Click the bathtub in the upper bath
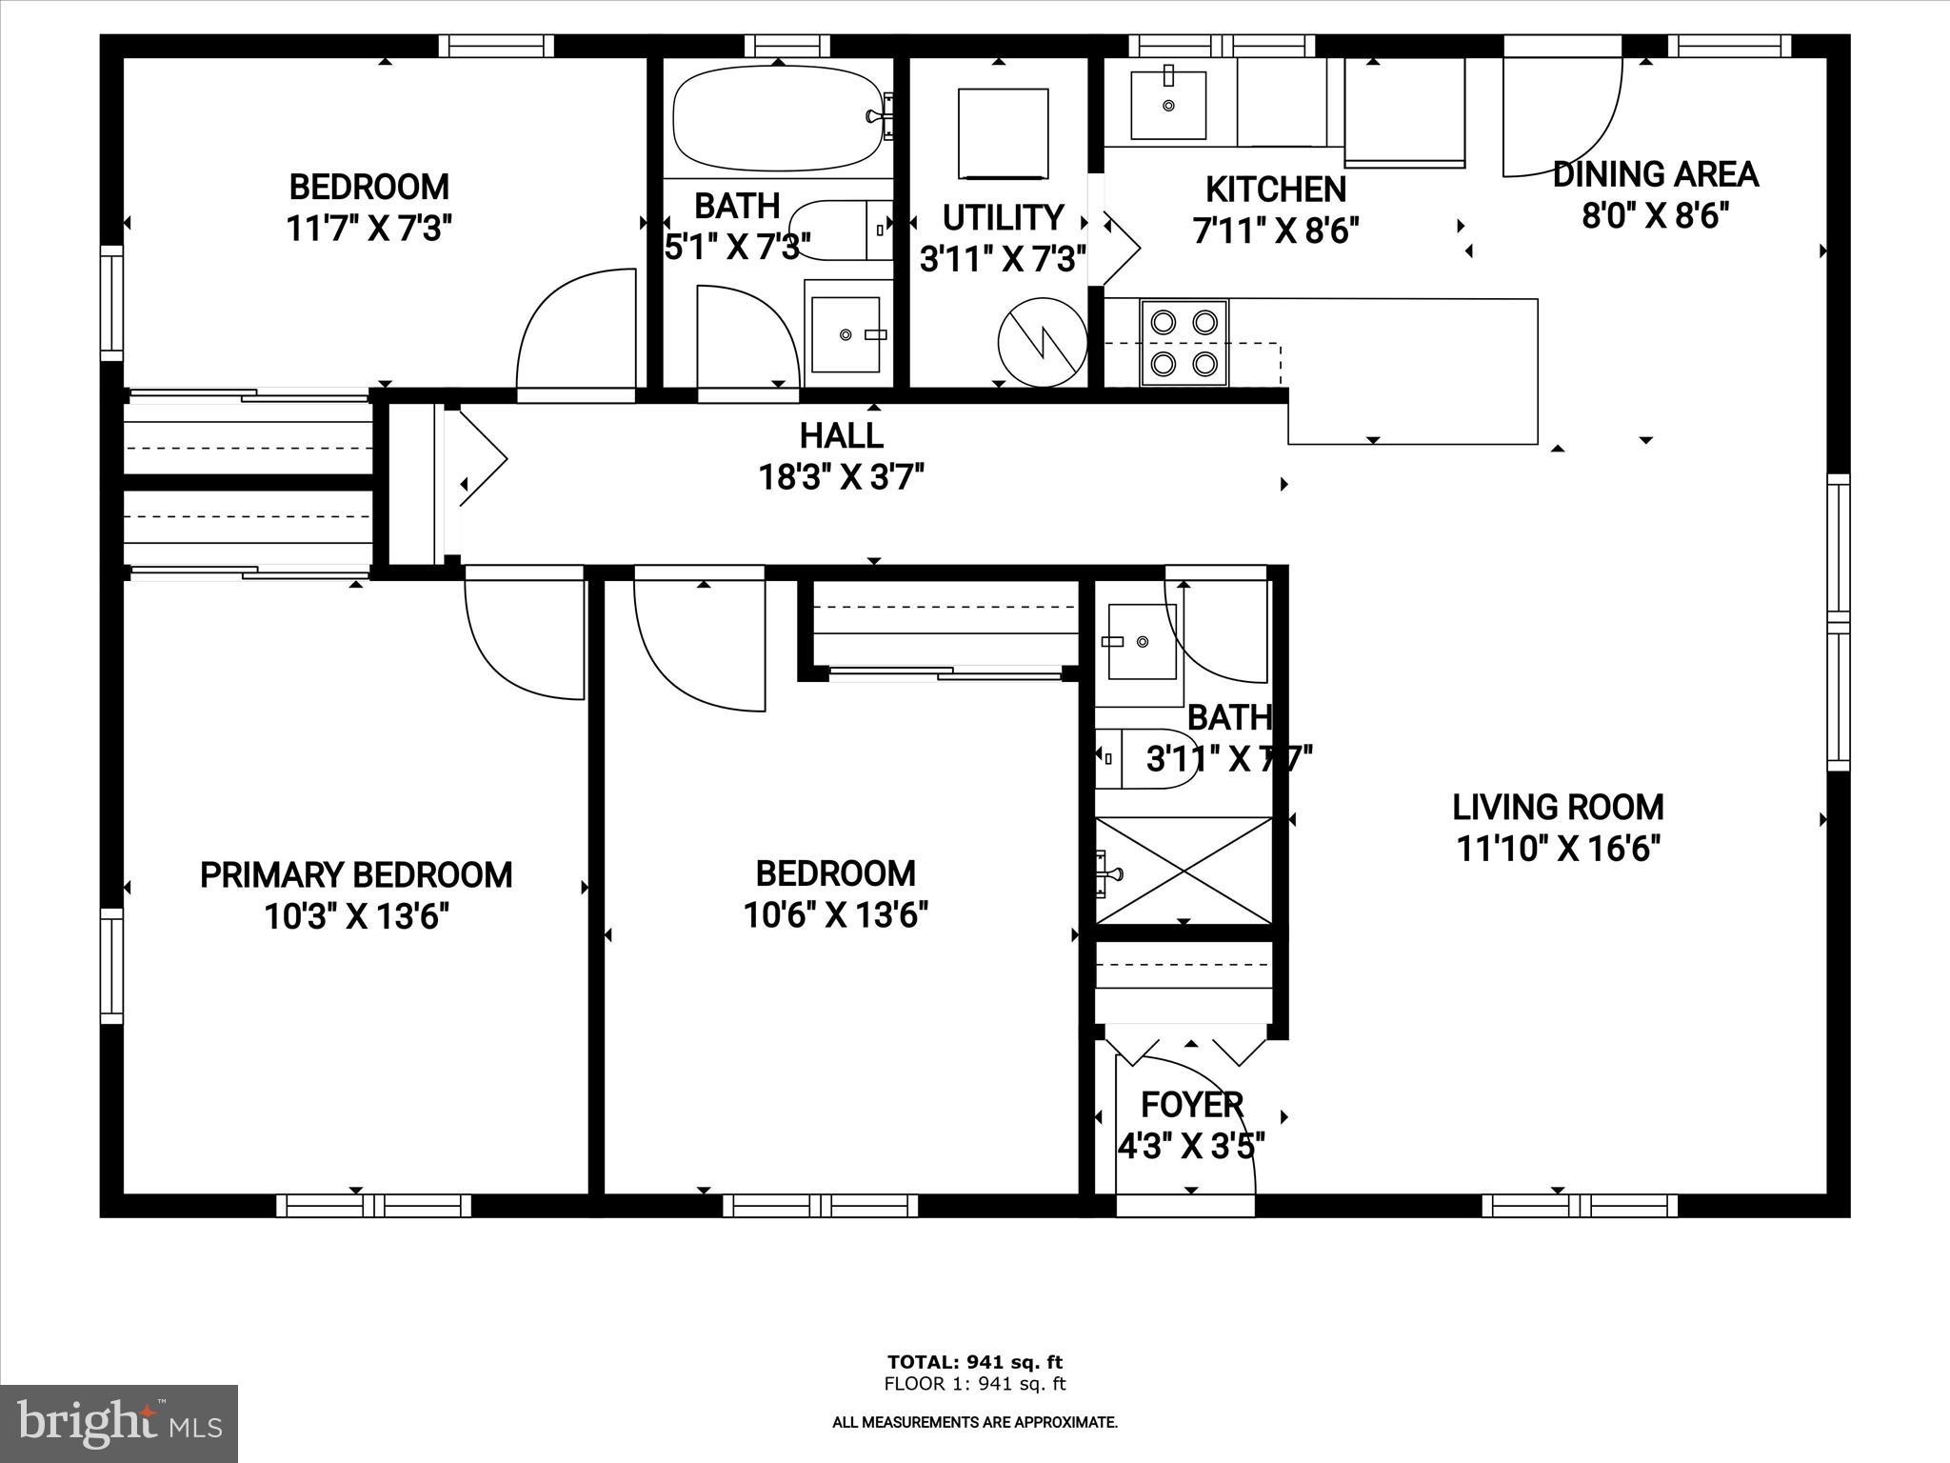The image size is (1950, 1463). tap(776, 119)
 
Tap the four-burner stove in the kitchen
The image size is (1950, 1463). tap(1184, 342)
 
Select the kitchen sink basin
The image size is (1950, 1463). tap(1168, 104)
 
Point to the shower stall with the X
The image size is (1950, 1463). tap(1184, 870)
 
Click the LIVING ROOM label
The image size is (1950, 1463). tap(1558, 808)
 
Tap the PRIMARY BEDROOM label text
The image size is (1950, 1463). tap(356, 874)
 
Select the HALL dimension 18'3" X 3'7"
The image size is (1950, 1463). tap(841, 476)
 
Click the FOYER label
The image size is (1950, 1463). tap(1191, 1105)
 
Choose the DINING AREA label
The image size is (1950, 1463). tap(1655, 174)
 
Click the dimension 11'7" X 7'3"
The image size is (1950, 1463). tap(368, 229)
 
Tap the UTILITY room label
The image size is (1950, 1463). tap(1003, 218)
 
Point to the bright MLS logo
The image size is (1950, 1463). tap(119, 1423)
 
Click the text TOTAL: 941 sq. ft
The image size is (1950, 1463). tap(974, 1362)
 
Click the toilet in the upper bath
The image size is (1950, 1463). tap(838, 230)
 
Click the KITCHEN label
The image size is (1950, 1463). tap(1275, 190)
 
